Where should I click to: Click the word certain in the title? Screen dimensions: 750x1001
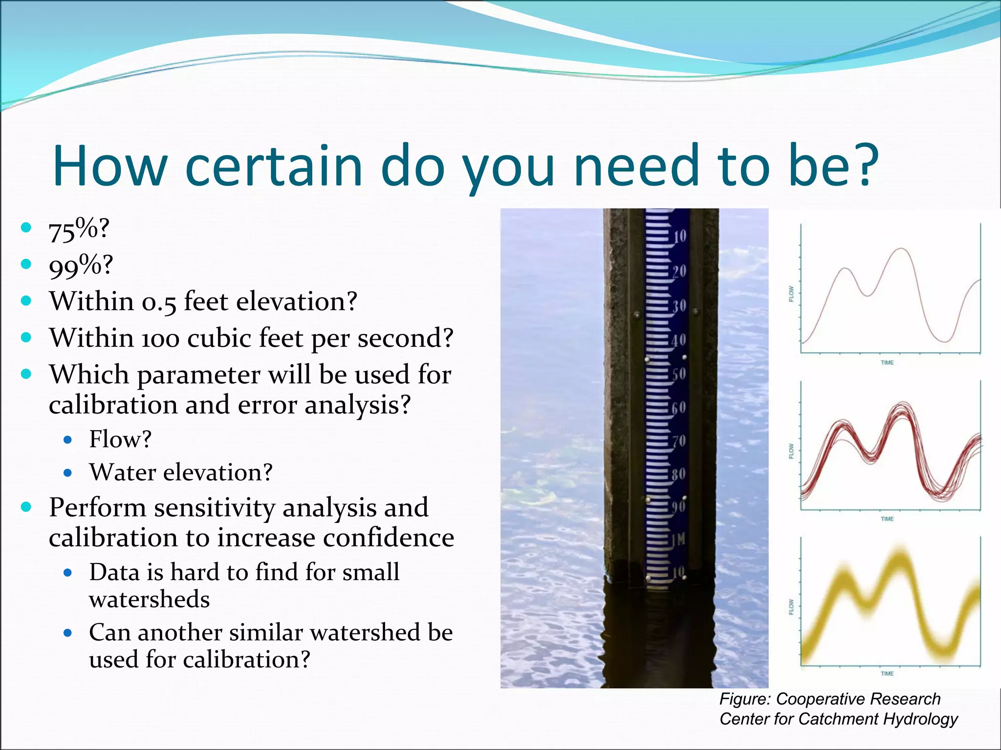click(273, 166)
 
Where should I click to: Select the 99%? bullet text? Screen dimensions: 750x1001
click(81, 265)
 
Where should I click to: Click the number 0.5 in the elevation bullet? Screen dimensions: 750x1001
click(158, 302)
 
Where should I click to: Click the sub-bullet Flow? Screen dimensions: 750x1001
click(120, 439)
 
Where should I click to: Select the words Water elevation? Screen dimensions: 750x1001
click(180, 472)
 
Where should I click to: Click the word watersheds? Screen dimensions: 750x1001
click(149, 599)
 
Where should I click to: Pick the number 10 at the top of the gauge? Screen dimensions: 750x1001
click(680, 237)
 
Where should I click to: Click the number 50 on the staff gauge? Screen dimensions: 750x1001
click(679, 375)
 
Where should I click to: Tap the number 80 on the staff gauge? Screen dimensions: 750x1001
click(678, 474)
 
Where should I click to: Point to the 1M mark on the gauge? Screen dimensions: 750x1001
click(678, 540)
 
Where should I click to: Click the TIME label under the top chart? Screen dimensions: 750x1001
click(887, 363)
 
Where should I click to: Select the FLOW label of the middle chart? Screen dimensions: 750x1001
click(791, 451)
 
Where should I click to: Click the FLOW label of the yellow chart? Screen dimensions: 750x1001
click(791, 607)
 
